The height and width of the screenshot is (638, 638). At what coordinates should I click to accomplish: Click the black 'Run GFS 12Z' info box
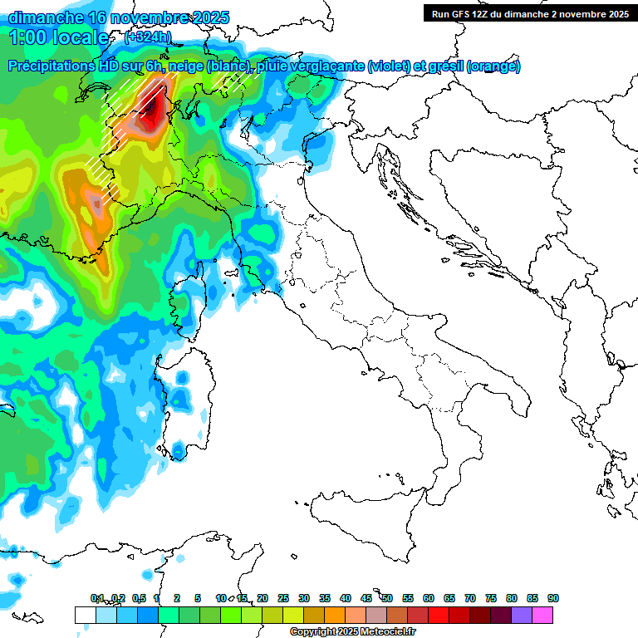tap(528, 13)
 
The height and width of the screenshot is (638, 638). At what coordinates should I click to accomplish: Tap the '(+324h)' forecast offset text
tap(147, 37)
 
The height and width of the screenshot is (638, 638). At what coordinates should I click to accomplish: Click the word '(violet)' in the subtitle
tap(393, 66)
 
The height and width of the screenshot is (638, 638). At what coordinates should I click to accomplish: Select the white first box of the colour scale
tap(85, 615)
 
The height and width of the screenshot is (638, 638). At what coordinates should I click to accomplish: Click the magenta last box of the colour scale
tap(542, 615)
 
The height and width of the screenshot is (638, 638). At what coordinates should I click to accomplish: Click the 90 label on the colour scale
tap(552, 598)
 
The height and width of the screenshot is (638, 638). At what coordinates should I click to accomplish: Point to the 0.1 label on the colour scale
tap(96, 598)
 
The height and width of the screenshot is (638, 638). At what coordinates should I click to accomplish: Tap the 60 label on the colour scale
tap(429, 598)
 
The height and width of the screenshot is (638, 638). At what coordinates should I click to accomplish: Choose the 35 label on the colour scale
tap(325, 598)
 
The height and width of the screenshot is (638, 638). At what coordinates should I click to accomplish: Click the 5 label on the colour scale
tap(198, 598)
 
